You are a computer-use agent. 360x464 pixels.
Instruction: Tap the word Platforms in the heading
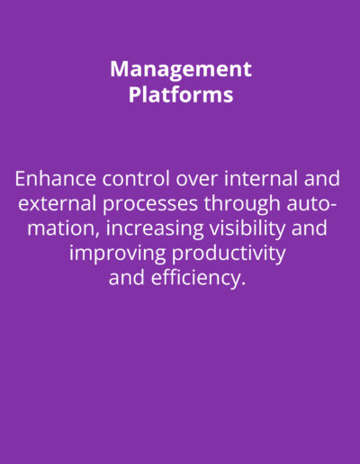click(181, 94)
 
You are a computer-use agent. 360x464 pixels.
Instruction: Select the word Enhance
click(56, 178)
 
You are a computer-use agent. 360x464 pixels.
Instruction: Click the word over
click(197, 180)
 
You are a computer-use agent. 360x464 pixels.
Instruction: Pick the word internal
click(261, 178)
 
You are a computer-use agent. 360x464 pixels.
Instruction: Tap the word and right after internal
click(322, 178)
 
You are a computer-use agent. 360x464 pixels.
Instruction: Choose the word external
click(58, 203)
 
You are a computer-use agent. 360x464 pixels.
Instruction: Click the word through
click(242, 204)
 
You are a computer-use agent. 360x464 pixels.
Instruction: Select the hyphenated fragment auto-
click(311, 204)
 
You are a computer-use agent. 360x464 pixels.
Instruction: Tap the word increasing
click(155, 229)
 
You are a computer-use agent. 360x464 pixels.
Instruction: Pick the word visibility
click(247, 229)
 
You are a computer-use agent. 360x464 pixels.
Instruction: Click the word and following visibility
click(310, 228)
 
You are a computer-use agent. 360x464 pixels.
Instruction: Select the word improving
click(117, 254)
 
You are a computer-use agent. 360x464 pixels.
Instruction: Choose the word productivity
click(229, 254)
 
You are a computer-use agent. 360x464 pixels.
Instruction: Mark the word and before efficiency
click(127, 278)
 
